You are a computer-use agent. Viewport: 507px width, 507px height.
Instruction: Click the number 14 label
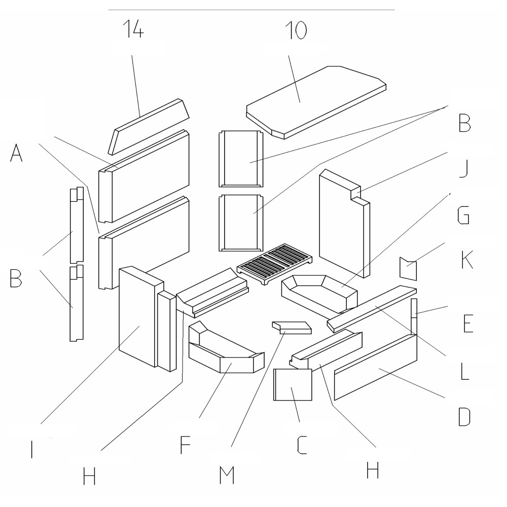click(x=132, y=31)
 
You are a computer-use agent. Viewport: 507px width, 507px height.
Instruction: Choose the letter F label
click(x=185, y=444)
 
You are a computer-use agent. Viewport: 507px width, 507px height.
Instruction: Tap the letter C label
click(x=303, y=444)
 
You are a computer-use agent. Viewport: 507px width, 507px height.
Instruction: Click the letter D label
click(x=464, y=416)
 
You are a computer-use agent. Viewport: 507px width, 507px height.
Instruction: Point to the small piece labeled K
click(x=408, y=269)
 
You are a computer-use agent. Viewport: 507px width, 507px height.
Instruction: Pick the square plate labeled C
click(x=293, y=385)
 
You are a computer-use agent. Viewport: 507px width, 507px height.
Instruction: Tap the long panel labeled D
click(x=375, y=368)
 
